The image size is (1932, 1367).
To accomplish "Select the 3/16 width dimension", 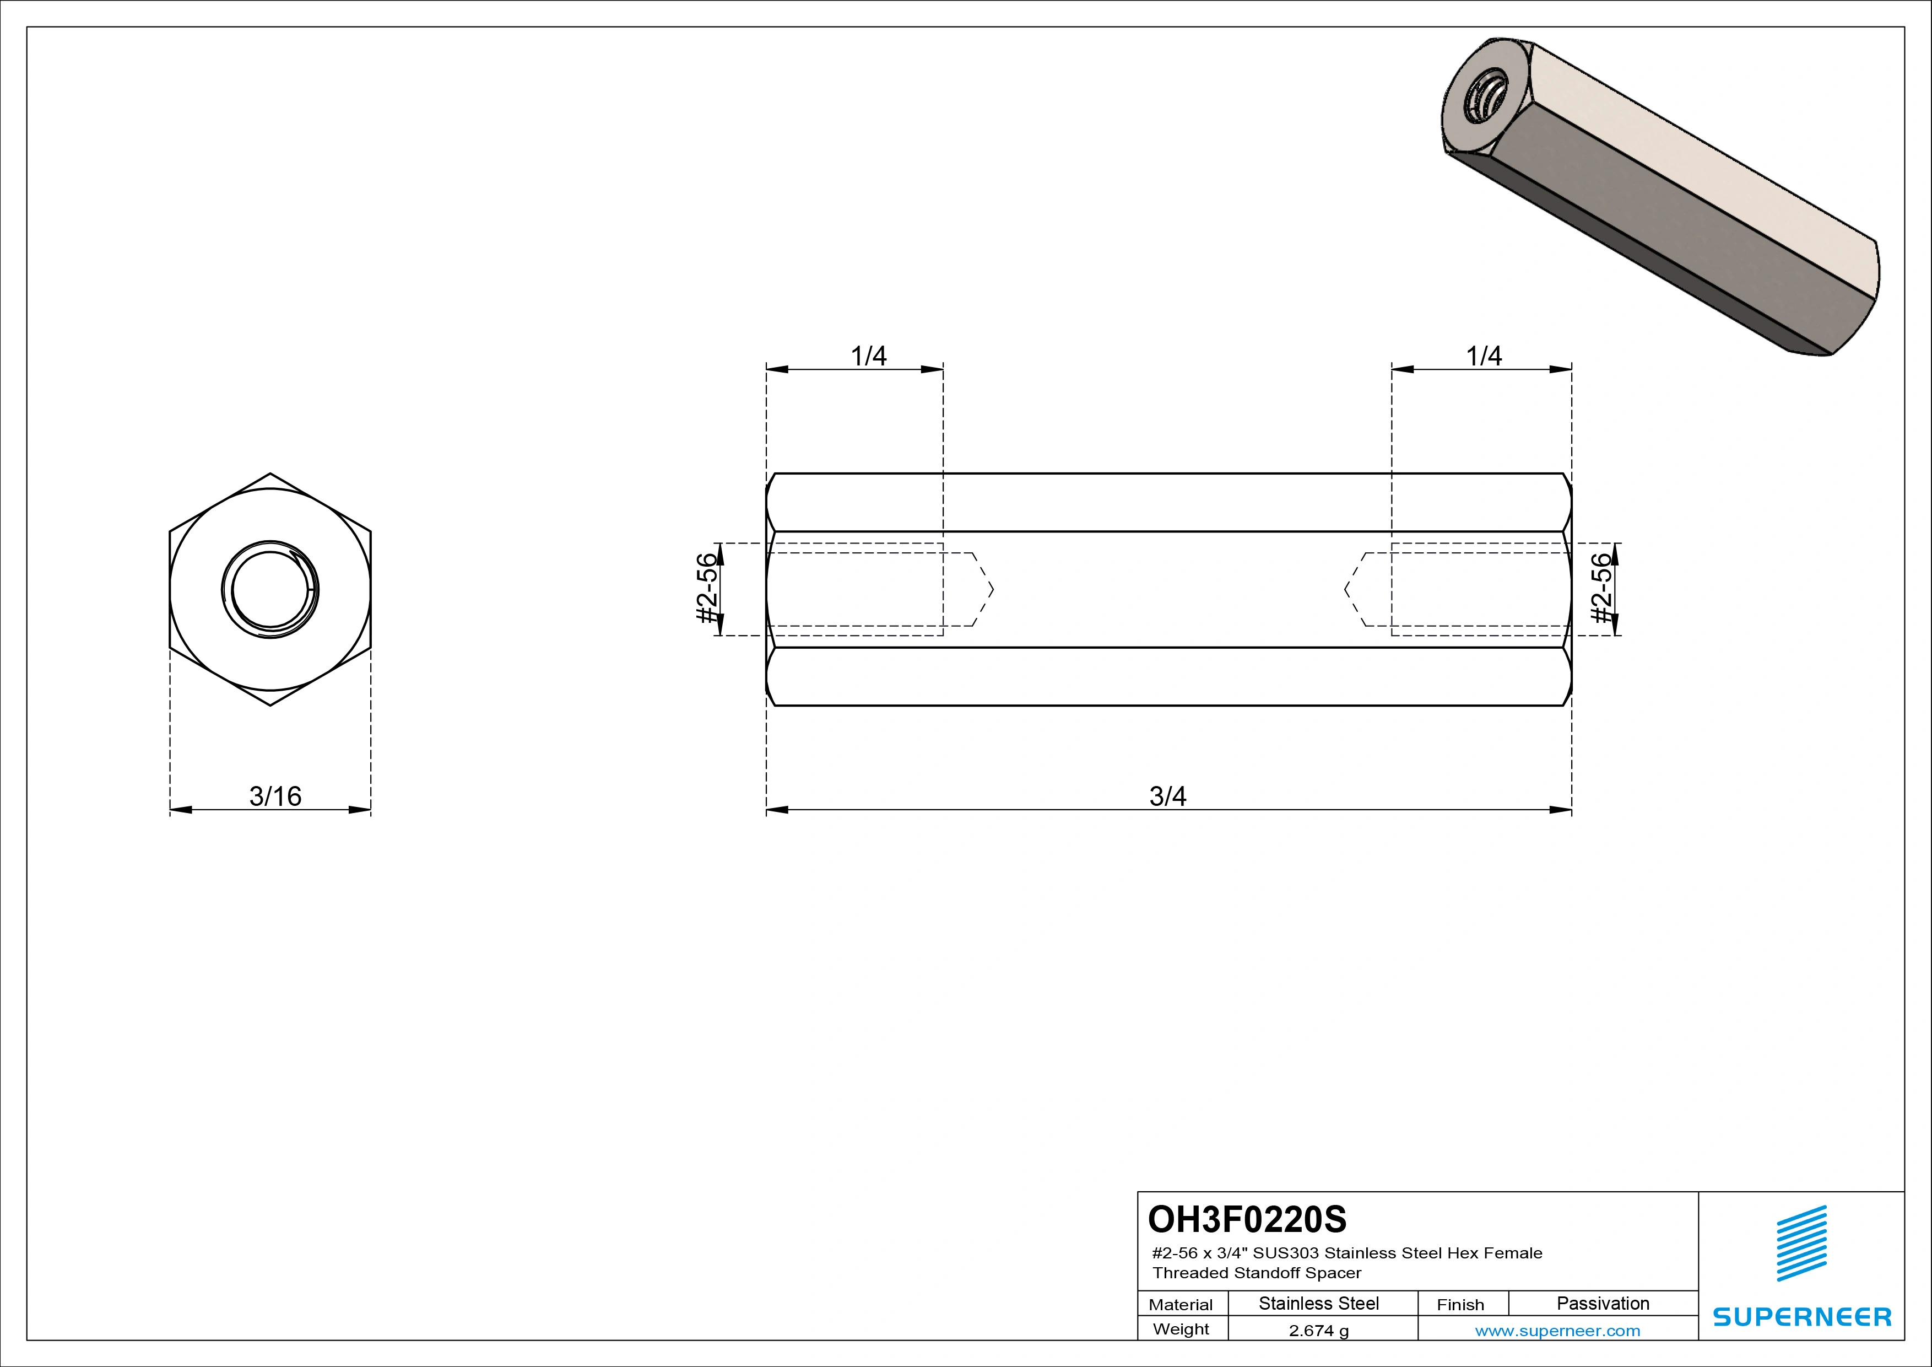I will click(x=275, y=795).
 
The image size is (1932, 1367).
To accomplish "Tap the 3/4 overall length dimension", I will click(x=1168, y=795).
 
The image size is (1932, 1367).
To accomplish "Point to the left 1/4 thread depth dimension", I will click(x=868, y=356).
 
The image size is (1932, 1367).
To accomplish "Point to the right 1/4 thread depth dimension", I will click(x=1484, y=356).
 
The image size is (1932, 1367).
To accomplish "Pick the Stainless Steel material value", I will click(x=1318, y=1303).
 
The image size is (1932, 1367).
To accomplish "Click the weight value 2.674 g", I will click(x=1318, y=1331).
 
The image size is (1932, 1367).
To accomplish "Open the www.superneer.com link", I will click(x=1557, y=1331).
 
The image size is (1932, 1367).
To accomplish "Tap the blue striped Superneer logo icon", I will click(x=1801, y=1244).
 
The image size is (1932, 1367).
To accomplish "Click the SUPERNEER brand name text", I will click(x=1801, y=1316).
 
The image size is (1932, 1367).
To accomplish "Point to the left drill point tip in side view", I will click(x=992, y=589).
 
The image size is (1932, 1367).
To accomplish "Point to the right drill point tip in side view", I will click(x=1345, y=589).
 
